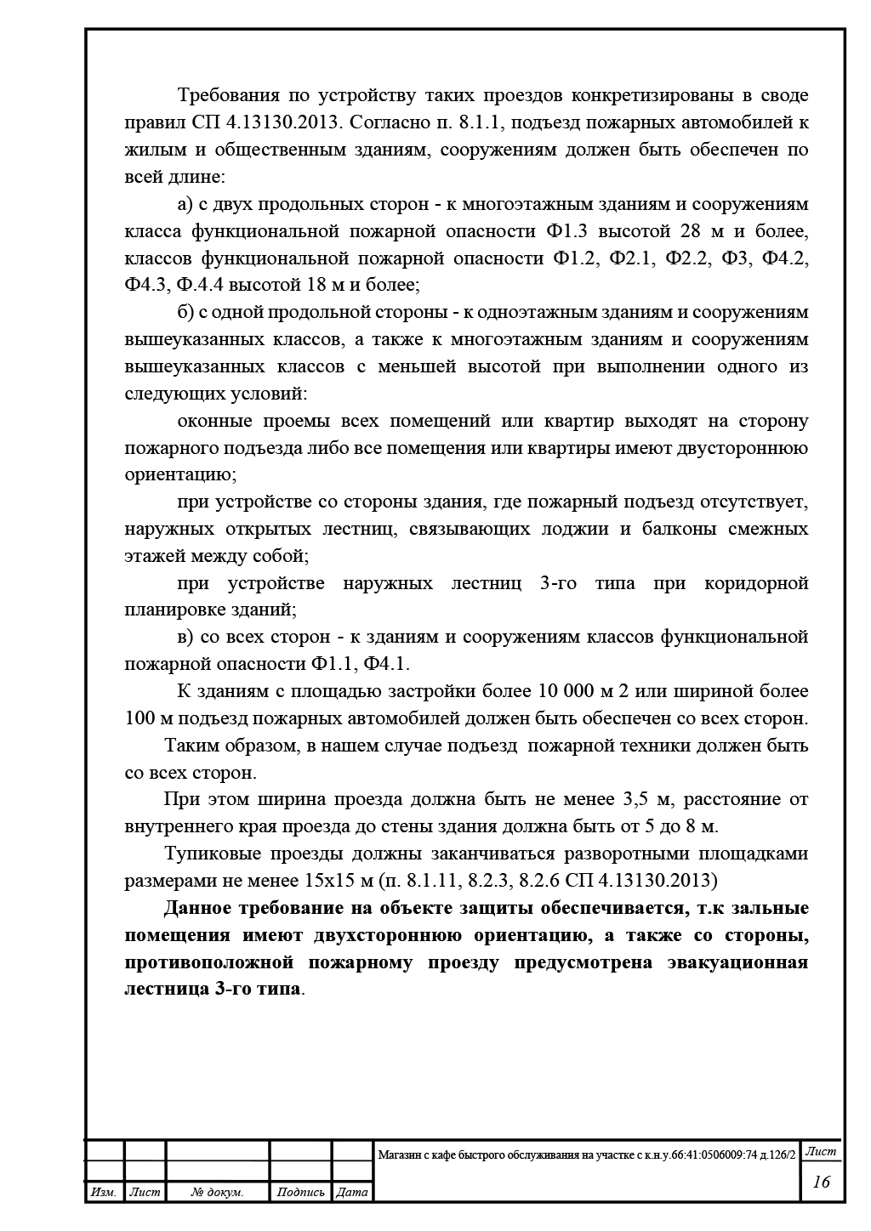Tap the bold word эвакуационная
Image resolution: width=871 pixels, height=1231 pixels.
pyautogui.click(x=737, y=962)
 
